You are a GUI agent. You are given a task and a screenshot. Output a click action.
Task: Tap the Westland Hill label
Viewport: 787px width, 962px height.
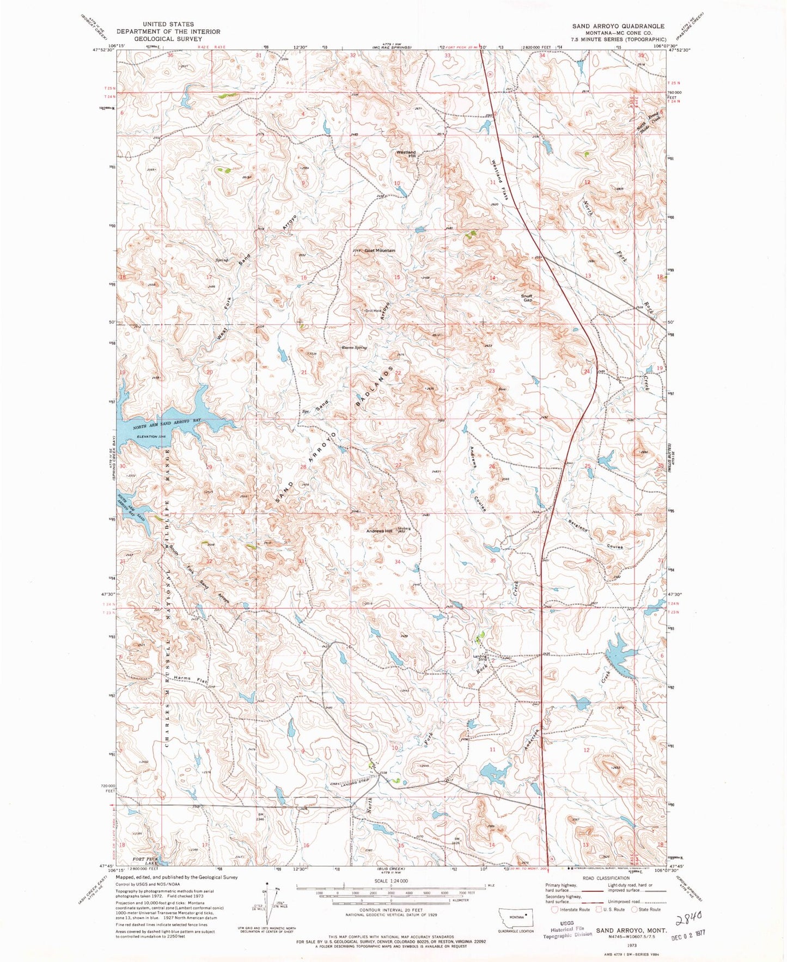coord(406,154)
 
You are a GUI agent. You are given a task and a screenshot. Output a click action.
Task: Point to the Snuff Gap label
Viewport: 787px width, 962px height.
coord(527,298)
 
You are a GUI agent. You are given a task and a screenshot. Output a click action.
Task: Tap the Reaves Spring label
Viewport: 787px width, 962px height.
coord(354,347)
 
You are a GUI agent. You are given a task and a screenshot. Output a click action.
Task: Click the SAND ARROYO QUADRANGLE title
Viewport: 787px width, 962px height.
coord(618,26)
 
